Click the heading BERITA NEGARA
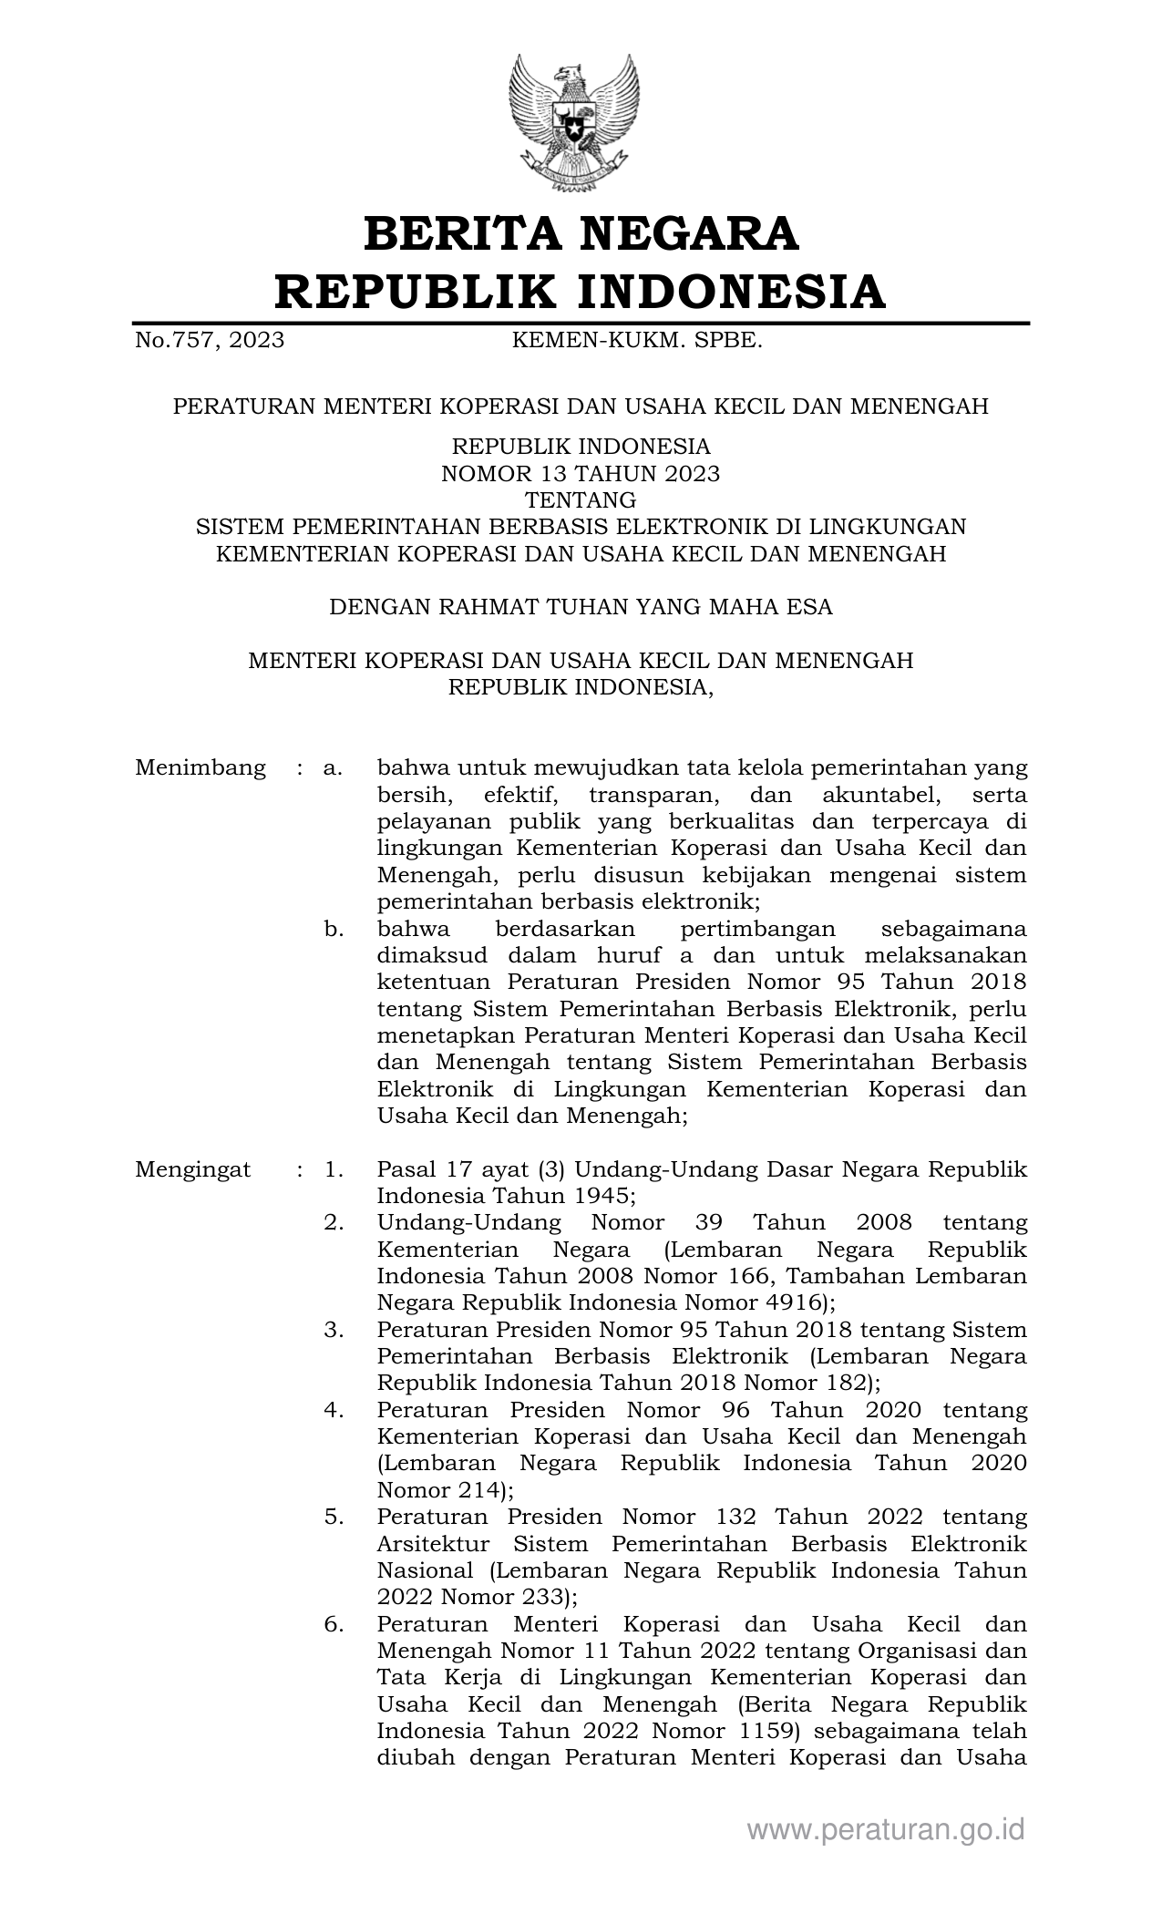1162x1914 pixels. click(581, 233)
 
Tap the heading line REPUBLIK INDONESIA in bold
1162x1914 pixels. click(581, 292)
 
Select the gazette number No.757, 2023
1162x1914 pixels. click(210, 341)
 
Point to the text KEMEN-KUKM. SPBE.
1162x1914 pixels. click(637, 341)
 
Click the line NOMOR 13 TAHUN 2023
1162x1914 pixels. click(581, 474)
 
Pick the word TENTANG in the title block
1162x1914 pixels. click(581, 500)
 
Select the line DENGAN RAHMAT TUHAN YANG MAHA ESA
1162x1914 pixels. click(581, 607)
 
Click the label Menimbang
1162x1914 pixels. click(201, 768)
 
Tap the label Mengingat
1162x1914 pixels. click(193, 1169)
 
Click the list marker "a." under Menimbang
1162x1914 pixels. click(333, 768)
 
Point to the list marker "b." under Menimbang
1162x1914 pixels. click(333, 930)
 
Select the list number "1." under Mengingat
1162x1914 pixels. click(333, 1169)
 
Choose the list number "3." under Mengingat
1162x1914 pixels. click(333, 1330)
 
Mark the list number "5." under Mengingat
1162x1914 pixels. click(333, 1518)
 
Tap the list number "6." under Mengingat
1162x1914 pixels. click(333, 1624)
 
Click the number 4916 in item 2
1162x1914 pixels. click(791, 1303)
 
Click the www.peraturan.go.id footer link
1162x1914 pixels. click(886, 1830)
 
